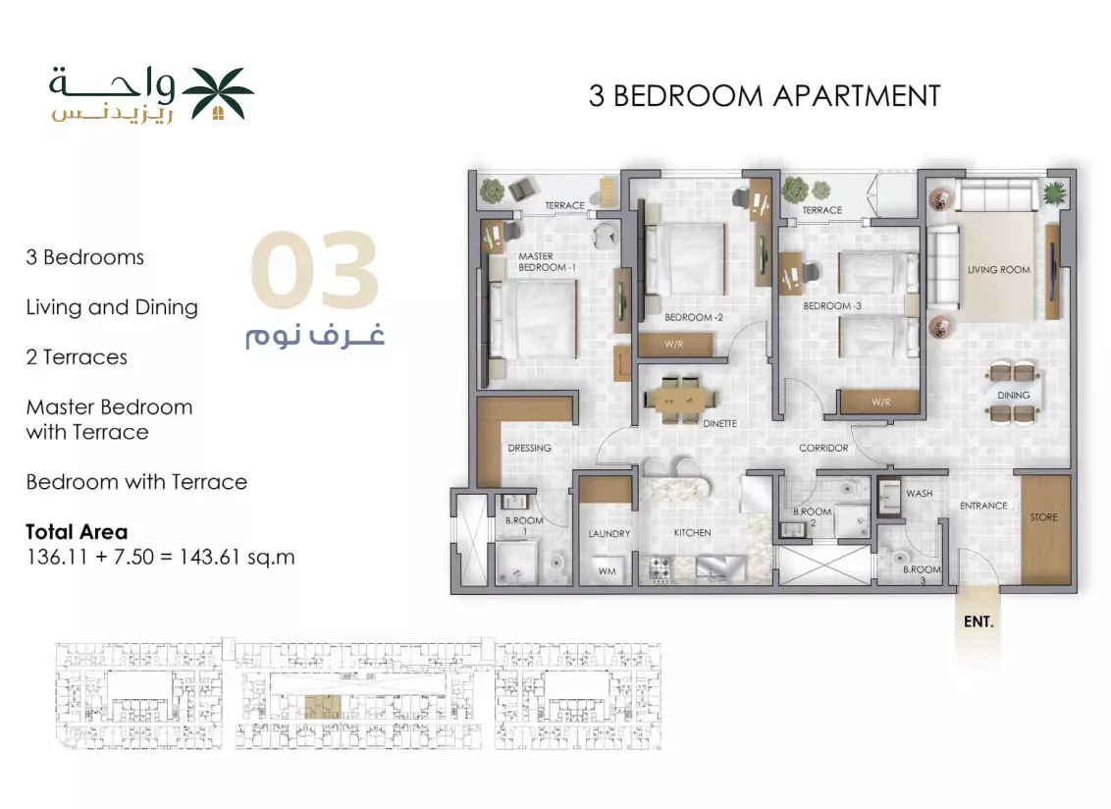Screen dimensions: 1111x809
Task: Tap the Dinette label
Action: (719, 423)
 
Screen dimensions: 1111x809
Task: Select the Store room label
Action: (1043, 516)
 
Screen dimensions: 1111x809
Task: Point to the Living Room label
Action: (998, 269)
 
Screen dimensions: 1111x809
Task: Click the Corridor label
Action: (823, 448)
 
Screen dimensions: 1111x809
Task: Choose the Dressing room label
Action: (529, 448)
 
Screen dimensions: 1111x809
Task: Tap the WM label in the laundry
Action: (607, 570)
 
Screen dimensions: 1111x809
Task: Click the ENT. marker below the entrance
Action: (979, 621)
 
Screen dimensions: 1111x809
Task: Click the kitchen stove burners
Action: (661, 567)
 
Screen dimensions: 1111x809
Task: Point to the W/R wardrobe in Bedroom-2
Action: (674, 345)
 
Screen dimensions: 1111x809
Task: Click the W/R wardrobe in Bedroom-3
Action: (880, 402)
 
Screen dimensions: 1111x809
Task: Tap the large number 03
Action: (315, 269)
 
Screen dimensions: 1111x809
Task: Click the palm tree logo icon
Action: (218, 93)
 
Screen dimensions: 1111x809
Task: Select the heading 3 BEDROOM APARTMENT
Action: (765, 95)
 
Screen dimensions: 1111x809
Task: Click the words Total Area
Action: (77, 532)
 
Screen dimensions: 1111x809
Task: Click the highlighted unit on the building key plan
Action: (322, 708)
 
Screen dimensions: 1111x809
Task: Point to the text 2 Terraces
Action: (77, 356)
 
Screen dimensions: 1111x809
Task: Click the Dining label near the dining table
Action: (1013, 395)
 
